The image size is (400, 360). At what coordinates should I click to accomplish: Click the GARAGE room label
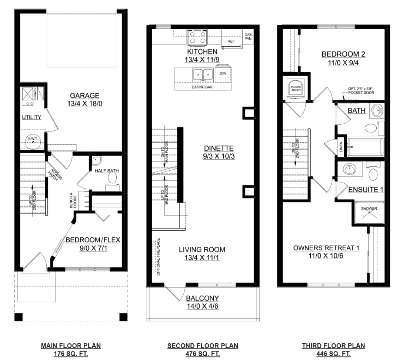(84, 96)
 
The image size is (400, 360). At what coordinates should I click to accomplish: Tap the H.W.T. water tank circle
(33, 141)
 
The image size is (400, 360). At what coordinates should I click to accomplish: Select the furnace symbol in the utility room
(30, 96)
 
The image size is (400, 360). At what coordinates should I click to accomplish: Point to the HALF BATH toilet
(112, 178)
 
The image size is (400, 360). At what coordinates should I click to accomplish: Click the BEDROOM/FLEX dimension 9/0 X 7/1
(93, 248)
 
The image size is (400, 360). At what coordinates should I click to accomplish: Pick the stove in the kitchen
(197, 37)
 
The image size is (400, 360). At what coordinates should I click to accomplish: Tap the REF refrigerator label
(231, 41)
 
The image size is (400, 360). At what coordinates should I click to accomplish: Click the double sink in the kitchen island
(203, 75)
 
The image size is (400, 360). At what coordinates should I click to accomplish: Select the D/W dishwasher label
(223, 73)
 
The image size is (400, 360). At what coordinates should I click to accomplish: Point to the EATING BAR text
(202, 87)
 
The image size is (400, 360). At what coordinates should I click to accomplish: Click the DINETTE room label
(219, 148)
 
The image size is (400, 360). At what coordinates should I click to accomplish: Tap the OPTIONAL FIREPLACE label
(159, 257)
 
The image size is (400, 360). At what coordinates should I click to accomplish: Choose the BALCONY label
(202, 298)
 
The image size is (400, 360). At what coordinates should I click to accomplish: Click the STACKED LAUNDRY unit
(296, 88)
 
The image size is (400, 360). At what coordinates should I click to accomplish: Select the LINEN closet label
(341, 147)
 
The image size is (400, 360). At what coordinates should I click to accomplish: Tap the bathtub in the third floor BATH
(365, 147)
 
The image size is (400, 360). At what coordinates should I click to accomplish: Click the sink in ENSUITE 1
(350, 169)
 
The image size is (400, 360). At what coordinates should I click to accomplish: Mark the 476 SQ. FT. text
(203, 354)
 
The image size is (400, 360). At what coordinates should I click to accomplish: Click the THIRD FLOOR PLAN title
(333, 346)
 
